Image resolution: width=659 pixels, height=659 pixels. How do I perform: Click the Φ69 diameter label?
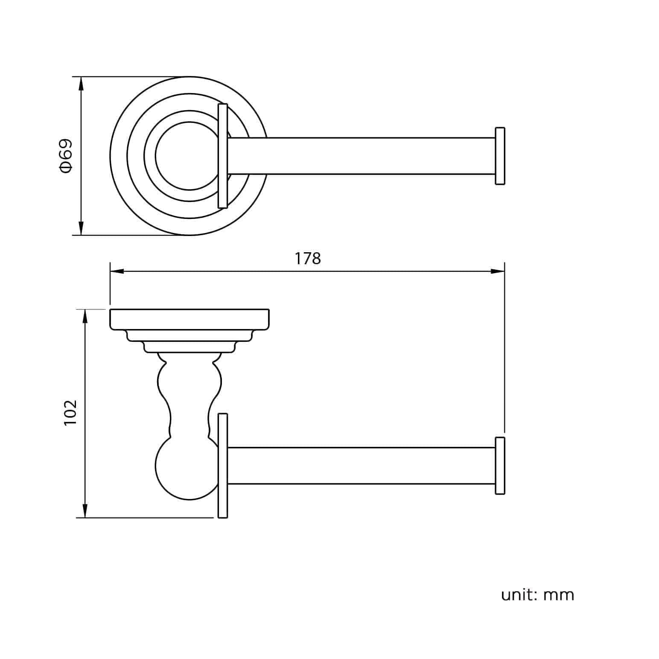click(66, 156)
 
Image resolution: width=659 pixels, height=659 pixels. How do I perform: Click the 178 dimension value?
click(308, 259)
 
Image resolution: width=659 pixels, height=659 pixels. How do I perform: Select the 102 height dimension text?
click(70, 412)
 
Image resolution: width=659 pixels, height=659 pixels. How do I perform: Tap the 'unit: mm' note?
click(537, 595)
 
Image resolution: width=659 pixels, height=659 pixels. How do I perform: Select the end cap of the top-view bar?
click(500, 156)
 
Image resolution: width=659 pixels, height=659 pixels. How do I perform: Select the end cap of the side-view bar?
click(500, 466)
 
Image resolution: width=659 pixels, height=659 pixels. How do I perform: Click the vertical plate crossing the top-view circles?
click(222, 156)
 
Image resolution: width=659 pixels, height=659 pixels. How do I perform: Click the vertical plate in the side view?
click(222, 466)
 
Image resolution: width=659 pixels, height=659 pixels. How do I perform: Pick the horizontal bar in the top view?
click(361, 156)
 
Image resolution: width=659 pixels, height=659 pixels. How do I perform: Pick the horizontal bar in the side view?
click(361, 466)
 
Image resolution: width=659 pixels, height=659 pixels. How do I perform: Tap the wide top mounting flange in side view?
click(190, 319)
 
